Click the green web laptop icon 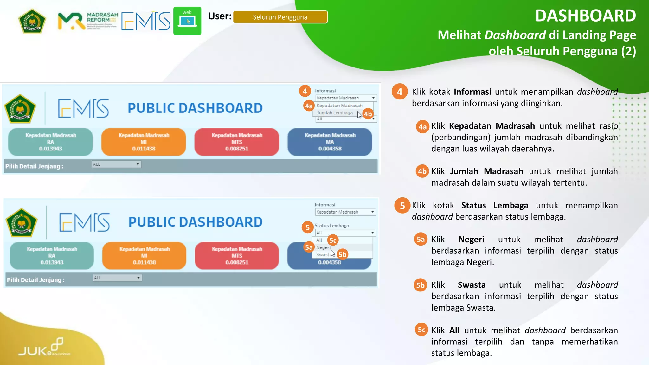(187, 21)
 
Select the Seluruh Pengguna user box (280, 17)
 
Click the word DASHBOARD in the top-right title (585, 16)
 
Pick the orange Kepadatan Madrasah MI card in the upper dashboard (144, 142)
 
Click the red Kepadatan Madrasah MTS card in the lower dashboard (237, 256)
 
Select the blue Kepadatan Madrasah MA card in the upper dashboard (330, 142)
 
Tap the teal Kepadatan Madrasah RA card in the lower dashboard (52, 256)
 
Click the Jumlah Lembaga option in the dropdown (335, 113)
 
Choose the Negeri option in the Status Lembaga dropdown (323, 247)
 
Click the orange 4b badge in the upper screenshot (368, 114)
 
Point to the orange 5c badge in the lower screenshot (333, 240)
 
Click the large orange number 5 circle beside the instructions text (402, 206)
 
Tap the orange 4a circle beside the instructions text (422, 127)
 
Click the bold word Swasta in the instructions (472, 285)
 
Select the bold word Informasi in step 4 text (472, 92)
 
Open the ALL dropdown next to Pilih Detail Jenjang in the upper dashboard (116, 164)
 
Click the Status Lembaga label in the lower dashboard (331, 226)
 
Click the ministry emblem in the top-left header (32, 21)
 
